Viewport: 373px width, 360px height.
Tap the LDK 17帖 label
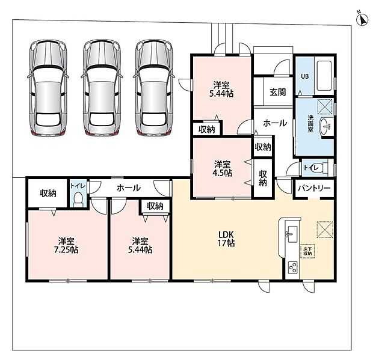coord(226,239)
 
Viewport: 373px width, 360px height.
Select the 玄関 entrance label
coord(277,92)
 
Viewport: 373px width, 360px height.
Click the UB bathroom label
coord(305,76)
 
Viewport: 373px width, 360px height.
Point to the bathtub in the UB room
coord(324,76)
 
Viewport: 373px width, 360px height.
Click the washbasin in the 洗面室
coord(325,126)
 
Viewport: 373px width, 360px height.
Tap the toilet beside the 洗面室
coord(322,168)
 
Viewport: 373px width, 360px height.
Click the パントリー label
coord(314,188)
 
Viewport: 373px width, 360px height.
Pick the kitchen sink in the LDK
coord(292,234)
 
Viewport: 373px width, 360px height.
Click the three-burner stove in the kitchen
coord(292,267)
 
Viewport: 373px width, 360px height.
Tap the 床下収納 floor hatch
coord(307,251)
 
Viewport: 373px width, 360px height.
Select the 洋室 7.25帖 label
coord(66,245)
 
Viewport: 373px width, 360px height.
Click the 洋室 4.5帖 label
coord(222,169)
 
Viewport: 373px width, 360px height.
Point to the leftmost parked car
coord(48,88)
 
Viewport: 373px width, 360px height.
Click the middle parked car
coord(102,88)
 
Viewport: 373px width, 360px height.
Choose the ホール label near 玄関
coord(275,123)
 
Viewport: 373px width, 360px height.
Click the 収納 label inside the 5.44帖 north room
coord(207,129)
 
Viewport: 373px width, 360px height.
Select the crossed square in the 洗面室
coord(325,106)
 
